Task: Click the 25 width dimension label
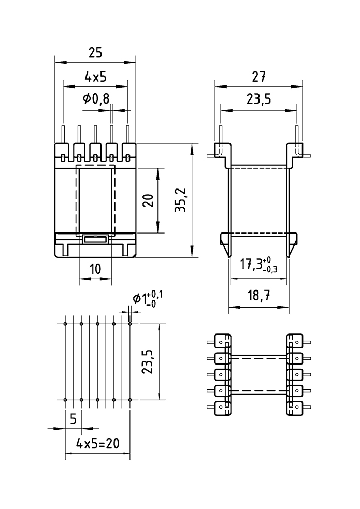(x=95, y=53)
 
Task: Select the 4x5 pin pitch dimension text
(x=95, y=77)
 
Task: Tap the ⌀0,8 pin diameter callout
(x=96, y=98)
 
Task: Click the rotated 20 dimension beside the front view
(x=148, y=200)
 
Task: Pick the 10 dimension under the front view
(x=95, y=269)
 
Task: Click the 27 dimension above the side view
(x=258, y=77)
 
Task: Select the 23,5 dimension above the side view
(x=258, y=99)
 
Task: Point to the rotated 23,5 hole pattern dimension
(x=148, y=361)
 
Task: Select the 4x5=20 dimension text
(x=97, y=443)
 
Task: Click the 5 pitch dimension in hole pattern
(x=73, y=419)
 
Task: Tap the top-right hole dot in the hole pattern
(x=130, y=324)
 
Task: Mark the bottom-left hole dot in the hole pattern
(x=65, y=400)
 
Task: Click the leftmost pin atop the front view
(x=63, y=134)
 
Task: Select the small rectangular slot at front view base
(x=95, y=239)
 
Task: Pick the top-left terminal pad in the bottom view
(x=221, y=342)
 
